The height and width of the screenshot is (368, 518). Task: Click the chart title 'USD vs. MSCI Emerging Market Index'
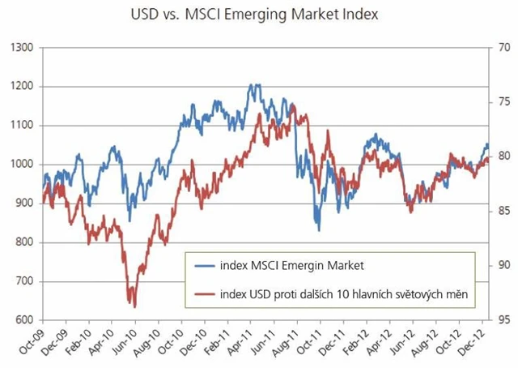point(259,15)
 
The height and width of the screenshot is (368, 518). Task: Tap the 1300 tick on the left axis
point(21,48)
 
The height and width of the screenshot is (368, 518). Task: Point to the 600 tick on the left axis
point(23,320)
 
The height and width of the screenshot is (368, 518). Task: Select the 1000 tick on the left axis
point(21,165)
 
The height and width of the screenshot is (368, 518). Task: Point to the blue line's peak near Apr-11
point(255,84)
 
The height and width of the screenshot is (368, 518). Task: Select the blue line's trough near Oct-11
point(319,230)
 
